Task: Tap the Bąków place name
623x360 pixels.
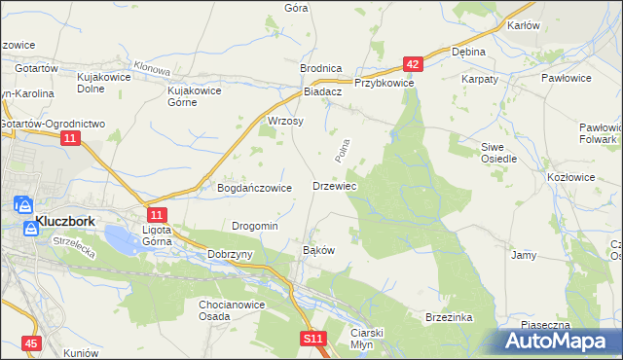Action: [x=319, y=250]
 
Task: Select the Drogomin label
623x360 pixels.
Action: [x=255, y=226]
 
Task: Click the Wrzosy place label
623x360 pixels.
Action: [x=286, y=122]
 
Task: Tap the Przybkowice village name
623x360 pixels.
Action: [x=385, y=84]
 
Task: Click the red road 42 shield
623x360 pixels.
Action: [x=414, y=65]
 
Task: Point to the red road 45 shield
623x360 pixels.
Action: [x=32, y=344]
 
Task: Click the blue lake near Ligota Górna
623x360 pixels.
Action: [x=119, y=235]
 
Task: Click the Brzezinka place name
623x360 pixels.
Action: [x=449, y=317]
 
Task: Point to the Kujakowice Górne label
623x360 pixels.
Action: [x=195, y=96]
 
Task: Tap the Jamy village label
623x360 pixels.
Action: [x=524, y=255]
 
